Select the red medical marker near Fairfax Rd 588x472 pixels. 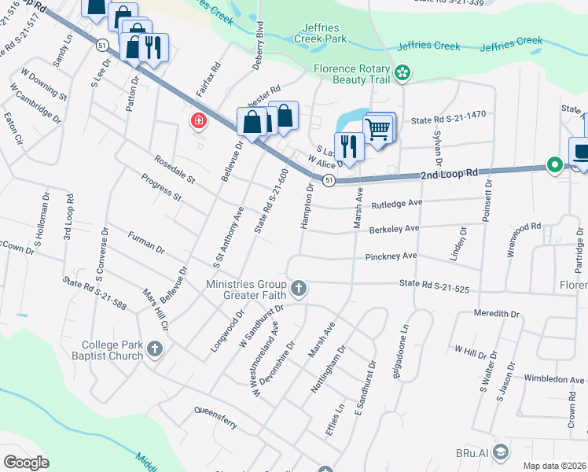(197, 121)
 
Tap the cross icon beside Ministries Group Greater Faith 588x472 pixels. (298, 289)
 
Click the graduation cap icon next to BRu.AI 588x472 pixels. (502, 452)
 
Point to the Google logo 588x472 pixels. (26, 463)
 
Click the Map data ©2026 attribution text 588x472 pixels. (554, 466)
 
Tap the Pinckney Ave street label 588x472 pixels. (391, 256)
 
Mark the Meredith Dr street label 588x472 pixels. (497, 313)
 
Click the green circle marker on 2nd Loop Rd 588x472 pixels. (554, 165)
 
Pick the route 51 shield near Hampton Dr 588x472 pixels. (330, 180)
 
